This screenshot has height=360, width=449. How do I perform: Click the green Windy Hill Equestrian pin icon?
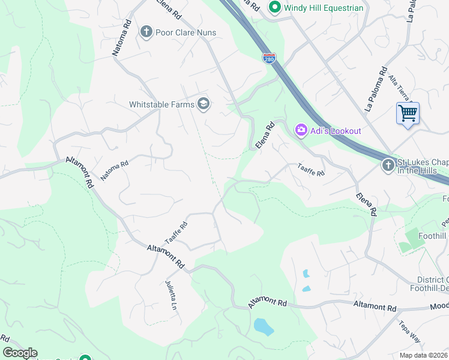[276, 8]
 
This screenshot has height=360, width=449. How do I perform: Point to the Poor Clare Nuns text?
[185, 32]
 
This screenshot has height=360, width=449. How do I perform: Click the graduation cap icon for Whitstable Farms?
[203, 104]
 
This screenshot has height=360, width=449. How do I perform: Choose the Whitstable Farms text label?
[162, 104]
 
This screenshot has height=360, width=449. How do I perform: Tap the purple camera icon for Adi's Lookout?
[301, 130]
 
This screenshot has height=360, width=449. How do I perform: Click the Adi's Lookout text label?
[336, 131]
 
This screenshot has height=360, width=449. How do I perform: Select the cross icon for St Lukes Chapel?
[388, 164]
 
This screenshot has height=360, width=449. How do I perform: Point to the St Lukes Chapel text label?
[423, 165]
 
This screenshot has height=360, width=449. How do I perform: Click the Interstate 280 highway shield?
[268, 58]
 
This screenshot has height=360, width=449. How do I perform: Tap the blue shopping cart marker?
[408, 113]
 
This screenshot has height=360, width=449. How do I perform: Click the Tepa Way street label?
[409, 331]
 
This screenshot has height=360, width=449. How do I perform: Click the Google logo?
[20, 353]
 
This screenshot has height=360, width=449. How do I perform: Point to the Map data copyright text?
[424, 355]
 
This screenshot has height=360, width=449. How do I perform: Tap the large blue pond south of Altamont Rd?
[264, 326]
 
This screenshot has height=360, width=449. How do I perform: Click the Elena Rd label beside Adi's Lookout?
[265, 136]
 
